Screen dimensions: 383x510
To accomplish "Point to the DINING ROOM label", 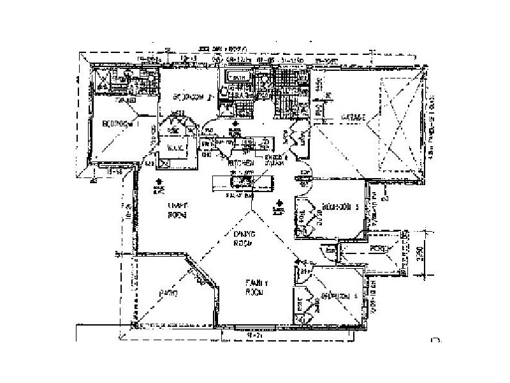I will tap(244, 239).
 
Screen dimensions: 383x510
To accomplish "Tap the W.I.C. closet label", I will tap(175, 147).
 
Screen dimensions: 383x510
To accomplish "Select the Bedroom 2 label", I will tap(193, 98).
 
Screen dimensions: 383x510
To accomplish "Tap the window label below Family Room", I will tap(254, 334).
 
